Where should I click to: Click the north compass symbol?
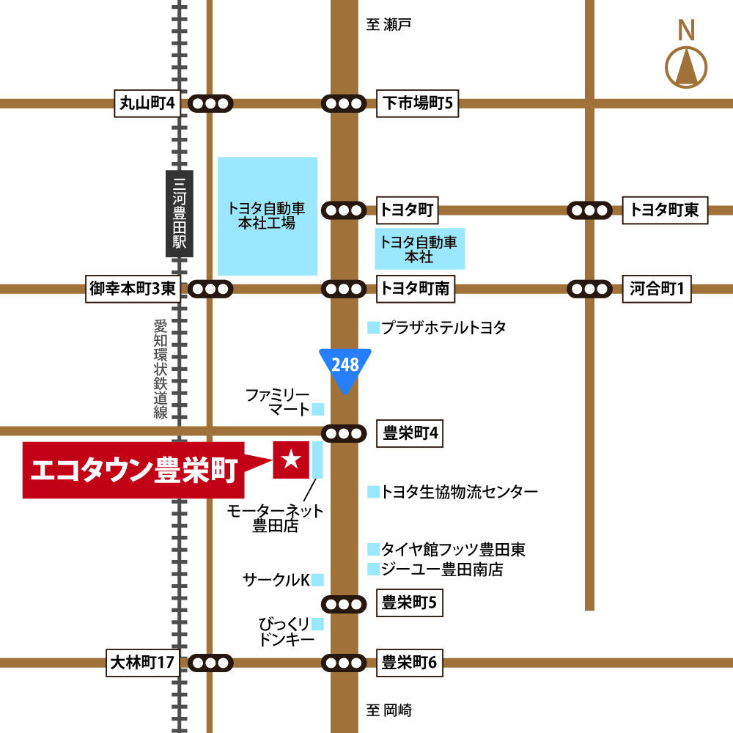(686, 67)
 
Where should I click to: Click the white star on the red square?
(291, 460)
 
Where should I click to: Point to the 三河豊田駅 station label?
(178, 213)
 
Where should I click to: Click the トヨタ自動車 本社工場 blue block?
(268, 216)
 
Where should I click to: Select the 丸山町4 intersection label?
(147, 103)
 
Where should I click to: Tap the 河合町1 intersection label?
(656, 289)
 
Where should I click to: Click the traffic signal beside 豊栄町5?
(344, 604)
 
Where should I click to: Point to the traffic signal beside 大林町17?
(211, 663)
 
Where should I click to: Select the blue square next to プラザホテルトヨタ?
(374, 328)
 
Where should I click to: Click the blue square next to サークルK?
(317, 580)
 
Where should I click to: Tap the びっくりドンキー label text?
(286, 632)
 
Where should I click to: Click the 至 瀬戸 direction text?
(389, 25)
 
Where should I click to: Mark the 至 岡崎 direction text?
(389, 710)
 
